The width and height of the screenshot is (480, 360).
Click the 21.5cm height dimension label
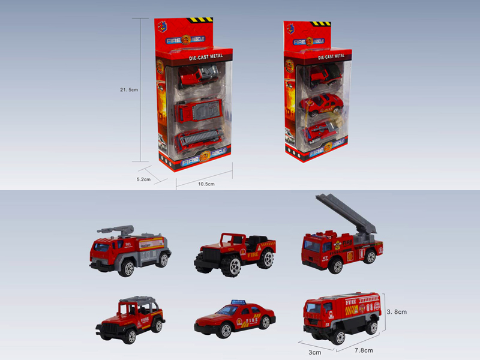pos(129,90)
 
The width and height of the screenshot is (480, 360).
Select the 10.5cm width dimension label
pos(206,184)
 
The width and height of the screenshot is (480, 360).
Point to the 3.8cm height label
pos(397,311)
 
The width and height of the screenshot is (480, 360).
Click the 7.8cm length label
pos(364,350)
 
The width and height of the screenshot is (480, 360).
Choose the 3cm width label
pos(314,352)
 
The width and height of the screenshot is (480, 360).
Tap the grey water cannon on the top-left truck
pos(118,229)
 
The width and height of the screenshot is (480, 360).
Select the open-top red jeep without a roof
pos(235,253)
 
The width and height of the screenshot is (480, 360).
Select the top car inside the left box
pos(196,78)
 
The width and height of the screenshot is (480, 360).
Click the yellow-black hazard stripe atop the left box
pos(200,20)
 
